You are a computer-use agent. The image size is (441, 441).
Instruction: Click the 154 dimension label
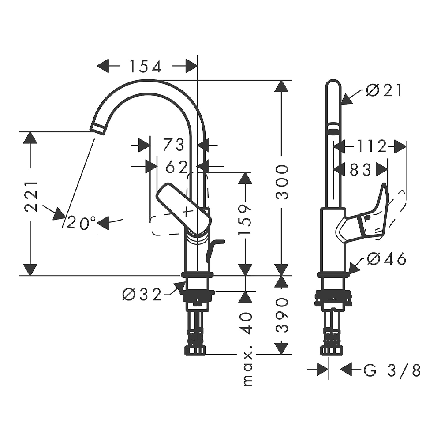(146, 67)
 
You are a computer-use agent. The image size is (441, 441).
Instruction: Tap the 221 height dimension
(31, 197)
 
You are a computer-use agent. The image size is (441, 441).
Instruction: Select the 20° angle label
(81, 223)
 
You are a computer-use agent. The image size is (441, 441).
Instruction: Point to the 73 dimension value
(173, 145)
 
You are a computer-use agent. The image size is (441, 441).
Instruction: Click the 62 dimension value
(176, 167)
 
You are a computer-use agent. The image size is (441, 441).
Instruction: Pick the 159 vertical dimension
(244, 220)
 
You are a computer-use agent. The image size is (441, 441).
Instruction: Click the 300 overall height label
(282, 182)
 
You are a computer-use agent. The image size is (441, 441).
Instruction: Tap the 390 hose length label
(282, 315)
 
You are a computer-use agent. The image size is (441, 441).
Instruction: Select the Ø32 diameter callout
(142, 295)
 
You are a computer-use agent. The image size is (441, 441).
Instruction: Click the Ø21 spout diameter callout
(384, 90)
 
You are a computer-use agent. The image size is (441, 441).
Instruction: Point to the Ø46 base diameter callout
(387, 259)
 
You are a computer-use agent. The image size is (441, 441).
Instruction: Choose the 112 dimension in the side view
(372, 146)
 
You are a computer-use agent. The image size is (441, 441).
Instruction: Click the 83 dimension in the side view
(361, 170)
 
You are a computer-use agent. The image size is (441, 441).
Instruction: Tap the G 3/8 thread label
(392, 370)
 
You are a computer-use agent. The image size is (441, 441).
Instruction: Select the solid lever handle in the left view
(183, 209)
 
